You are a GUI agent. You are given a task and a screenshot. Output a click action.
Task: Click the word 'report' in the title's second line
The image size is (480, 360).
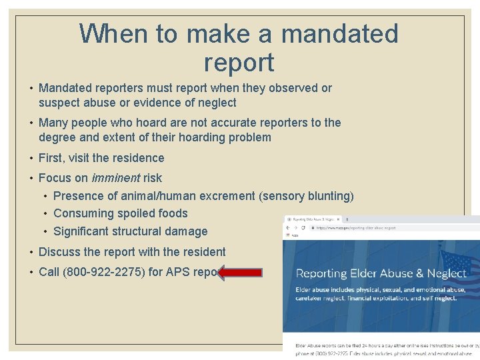tap(239, 62)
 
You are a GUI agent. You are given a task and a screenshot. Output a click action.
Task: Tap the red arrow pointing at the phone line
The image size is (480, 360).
tap(240, 271)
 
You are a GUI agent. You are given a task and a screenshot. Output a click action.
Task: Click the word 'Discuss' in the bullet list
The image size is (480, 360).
tap(60, 252)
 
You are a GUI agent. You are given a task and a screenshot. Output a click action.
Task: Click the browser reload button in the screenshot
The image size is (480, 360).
tap(304, 227)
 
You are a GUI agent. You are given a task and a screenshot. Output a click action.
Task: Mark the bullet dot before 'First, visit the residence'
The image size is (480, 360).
tap(32, 158)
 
